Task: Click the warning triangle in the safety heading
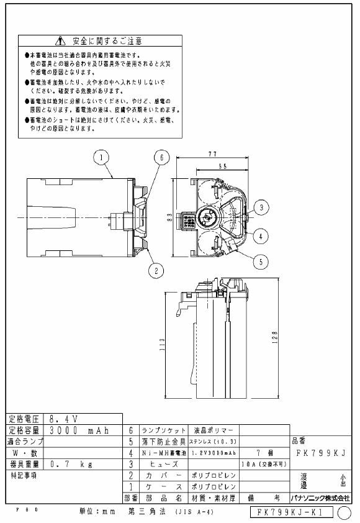click(60, 41)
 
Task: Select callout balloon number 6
click(160, 158)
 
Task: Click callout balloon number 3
click(263, 207)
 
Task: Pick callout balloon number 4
click(263, 235)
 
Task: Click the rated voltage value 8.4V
click(63, 419)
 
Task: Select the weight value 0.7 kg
click(71, 463)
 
